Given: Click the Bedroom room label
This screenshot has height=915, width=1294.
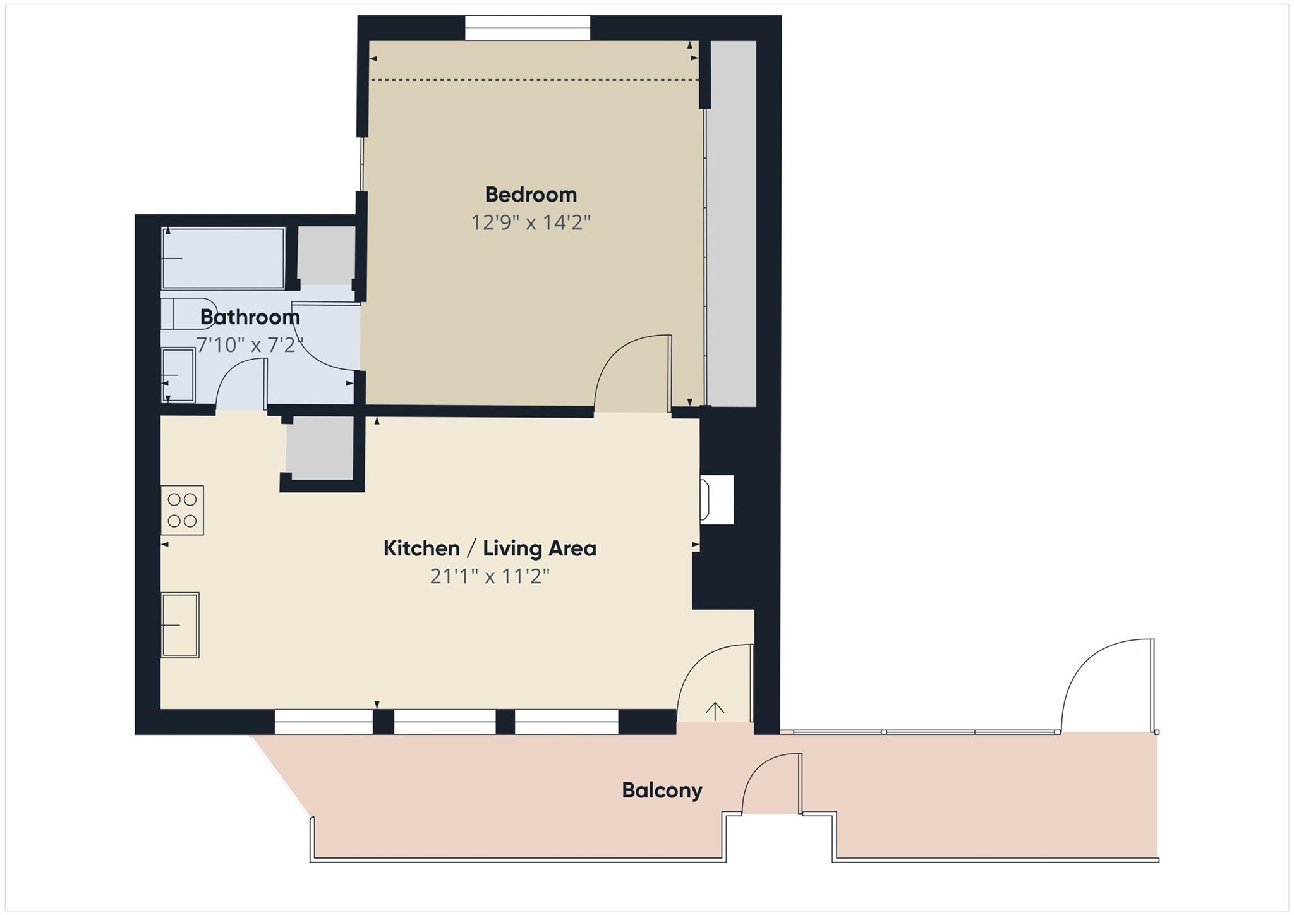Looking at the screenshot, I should point(531,195).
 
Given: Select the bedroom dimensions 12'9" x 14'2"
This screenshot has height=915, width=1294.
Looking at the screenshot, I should point(531,222).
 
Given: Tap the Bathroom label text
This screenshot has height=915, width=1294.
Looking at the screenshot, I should point(250,317).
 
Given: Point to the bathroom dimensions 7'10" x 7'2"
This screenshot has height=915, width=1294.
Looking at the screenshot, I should point(250,345).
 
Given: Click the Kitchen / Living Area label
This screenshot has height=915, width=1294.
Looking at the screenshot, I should point(490,548).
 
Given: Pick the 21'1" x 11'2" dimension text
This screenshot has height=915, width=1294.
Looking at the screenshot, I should point(490,576).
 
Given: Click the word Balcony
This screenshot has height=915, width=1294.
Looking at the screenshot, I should point(662,791).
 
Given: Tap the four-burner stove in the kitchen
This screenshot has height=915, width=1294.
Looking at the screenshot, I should point(182,510).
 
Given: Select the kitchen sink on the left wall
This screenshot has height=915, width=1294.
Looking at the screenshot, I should point(180,625).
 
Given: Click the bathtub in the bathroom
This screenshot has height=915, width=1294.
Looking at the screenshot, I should point(222,258).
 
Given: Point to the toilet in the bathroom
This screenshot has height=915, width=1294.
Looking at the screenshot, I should point(186,313).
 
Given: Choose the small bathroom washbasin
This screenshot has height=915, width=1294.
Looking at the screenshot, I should point(178,375).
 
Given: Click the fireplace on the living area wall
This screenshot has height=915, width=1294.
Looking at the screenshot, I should point(717,499).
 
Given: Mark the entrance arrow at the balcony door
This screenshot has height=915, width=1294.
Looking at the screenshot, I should point(715,711).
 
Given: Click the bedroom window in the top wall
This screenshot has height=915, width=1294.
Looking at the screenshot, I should point(528,28).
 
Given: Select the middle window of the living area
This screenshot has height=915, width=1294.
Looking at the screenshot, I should point(445,721).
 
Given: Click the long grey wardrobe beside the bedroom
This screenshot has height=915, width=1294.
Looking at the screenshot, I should point(731,223).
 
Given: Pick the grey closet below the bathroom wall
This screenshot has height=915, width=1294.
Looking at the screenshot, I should point(320,448).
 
